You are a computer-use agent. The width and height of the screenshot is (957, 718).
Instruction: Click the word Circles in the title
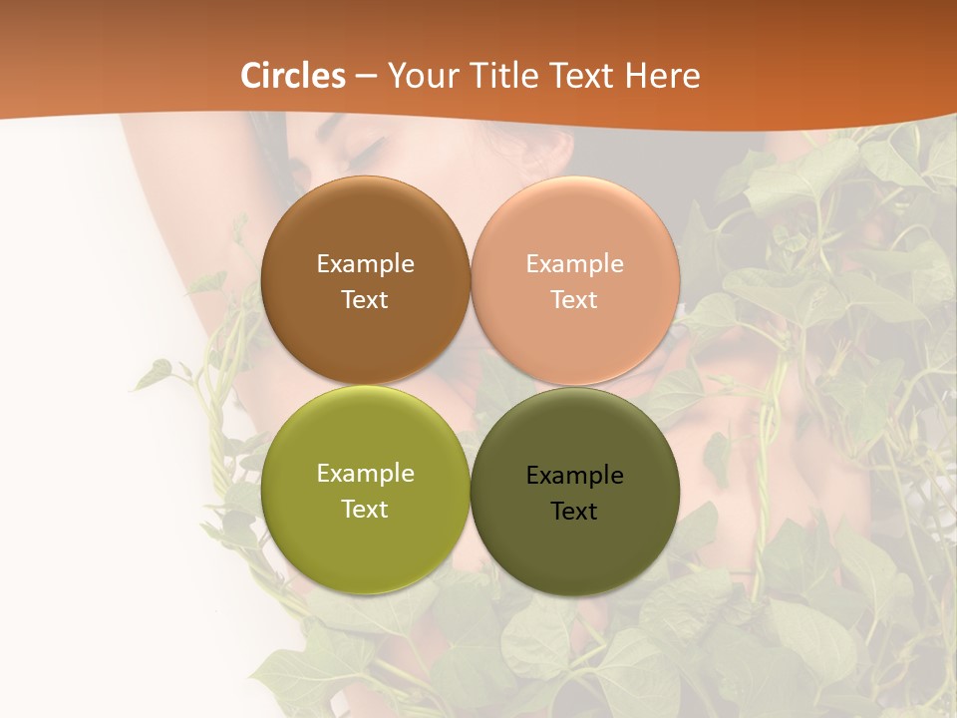pos(293,76)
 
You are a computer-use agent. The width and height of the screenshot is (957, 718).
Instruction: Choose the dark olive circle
pos(575,544)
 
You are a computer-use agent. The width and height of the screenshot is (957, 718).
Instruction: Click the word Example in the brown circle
pos(365,263)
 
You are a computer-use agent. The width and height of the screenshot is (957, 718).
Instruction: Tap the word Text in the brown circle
pos(365,299)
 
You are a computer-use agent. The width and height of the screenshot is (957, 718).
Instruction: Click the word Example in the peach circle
pos(575,263)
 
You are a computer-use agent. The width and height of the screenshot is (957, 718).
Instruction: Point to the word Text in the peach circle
pos(575,299)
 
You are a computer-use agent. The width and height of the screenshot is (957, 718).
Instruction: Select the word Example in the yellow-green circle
pos(365,474)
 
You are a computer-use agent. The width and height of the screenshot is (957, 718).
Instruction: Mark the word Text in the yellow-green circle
pos(365,509)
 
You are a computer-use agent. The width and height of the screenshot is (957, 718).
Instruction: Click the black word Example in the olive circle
pos(575,476)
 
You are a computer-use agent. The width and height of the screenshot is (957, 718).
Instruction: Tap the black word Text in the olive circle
pos(575,512)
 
